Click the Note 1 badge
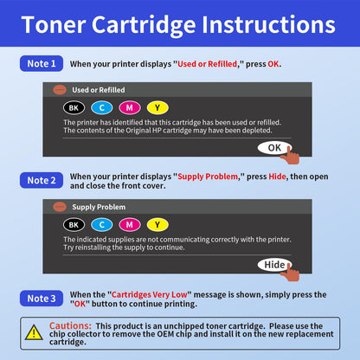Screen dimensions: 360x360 (41, 64)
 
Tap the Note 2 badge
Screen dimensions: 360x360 (41, 180)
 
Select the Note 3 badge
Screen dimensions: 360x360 (41, 299)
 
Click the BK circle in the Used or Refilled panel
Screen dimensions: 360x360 (74, 107)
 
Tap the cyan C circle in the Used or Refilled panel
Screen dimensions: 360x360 (101, 107)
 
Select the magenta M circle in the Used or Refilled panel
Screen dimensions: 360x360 (129, 107)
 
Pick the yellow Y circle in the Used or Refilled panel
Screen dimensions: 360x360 (157, 107)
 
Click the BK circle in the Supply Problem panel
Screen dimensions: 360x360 (74, 225)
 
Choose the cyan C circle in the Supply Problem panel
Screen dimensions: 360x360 (101, 225)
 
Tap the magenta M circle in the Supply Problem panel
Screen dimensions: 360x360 (129, 225)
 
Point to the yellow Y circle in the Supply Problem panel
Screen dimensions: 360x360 (157, 225)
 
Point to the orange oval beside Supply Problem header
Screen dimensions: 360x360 (59, 207)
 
